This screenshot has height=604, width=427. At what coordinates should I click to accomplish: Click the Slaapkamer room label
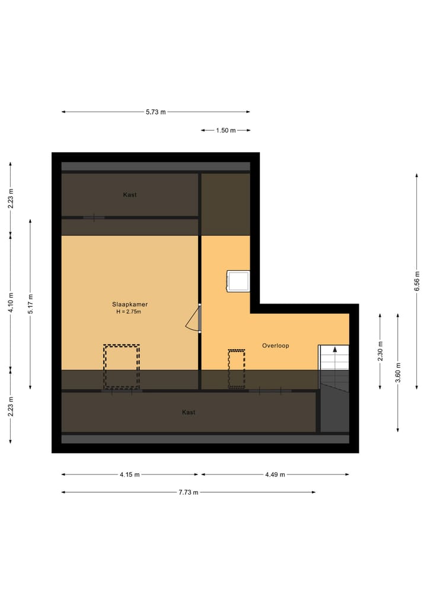coord(129,304)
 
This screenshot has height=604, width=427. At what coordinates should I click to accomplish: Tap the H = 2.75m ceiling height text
coord(129,312)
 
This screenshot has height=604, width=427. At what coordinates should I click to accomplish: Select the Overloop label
coord(275,345)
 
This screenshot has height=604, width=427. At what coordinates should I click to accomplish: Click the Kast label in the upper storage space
coord(130,195)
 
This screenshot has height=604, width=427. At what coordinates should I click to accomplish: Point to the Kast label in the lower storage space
coord(189,412)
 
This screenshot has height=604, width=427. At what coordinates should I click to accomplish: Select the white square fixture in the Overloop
coord(238,281)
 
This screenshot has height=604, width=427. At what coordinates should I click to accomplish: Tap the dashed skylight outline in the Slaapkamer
coord(122,367)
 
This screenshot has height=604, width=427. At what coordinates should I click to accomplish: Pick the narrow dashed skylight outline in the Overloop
coord(237,369)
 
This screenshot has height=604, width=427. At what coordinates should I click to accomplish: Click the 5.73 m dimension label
coord(156,112)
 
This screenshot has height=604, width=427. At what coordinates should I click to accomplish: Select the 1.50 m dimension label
coord(225,130)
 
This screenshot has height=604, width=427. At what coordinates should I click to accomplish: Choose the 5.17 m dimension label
coord(30,303)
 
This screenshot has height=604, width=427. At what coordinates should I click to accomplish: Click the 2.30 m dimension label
coord(380,351)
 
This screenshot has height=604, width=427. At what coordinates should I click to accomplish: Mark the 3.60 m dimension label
coord(398,372)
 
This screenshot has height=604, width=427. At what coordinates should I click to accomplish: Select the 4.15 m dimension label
coord(129,475)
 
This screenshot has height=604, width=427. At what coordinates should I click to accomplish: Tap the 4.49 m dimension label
coord(275,475)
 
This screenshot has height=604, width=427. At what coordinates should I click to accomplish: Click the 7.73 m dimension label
coord(189,492)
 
